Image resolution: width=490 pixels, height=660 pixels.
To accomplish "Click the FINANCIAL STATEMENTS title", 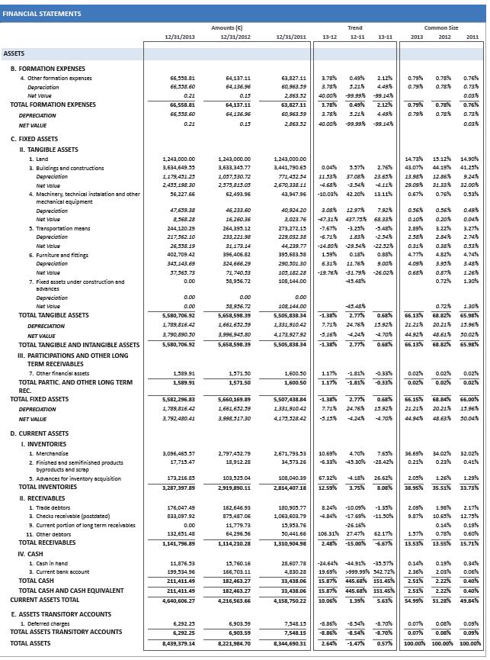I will (42, 14).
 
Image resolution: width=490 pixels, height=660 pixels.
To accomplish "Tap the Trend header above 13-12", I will (355, 27).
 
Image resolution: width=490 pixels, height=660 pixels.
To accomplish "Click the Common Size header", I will (441, 27).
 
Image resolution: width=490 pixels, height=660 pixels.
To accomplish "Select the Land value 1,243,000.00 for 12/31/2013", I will (179, 159).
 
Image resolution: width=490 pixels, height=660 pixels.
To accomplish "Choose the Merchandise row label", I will (50, 454).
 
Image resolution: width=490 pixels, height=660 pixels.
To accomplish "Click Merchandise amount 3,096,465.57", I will (179, 454).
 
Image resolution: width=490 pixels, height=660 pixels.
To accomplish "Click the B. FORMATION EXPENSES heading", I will (47, 69).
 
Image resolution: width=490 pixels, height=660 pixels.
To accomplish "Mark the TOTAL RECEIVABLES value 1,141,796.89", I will (179, 543).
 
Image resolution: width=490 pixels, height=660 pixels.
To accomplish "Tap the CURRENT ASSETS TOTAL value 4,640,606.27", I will (179, 600).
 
